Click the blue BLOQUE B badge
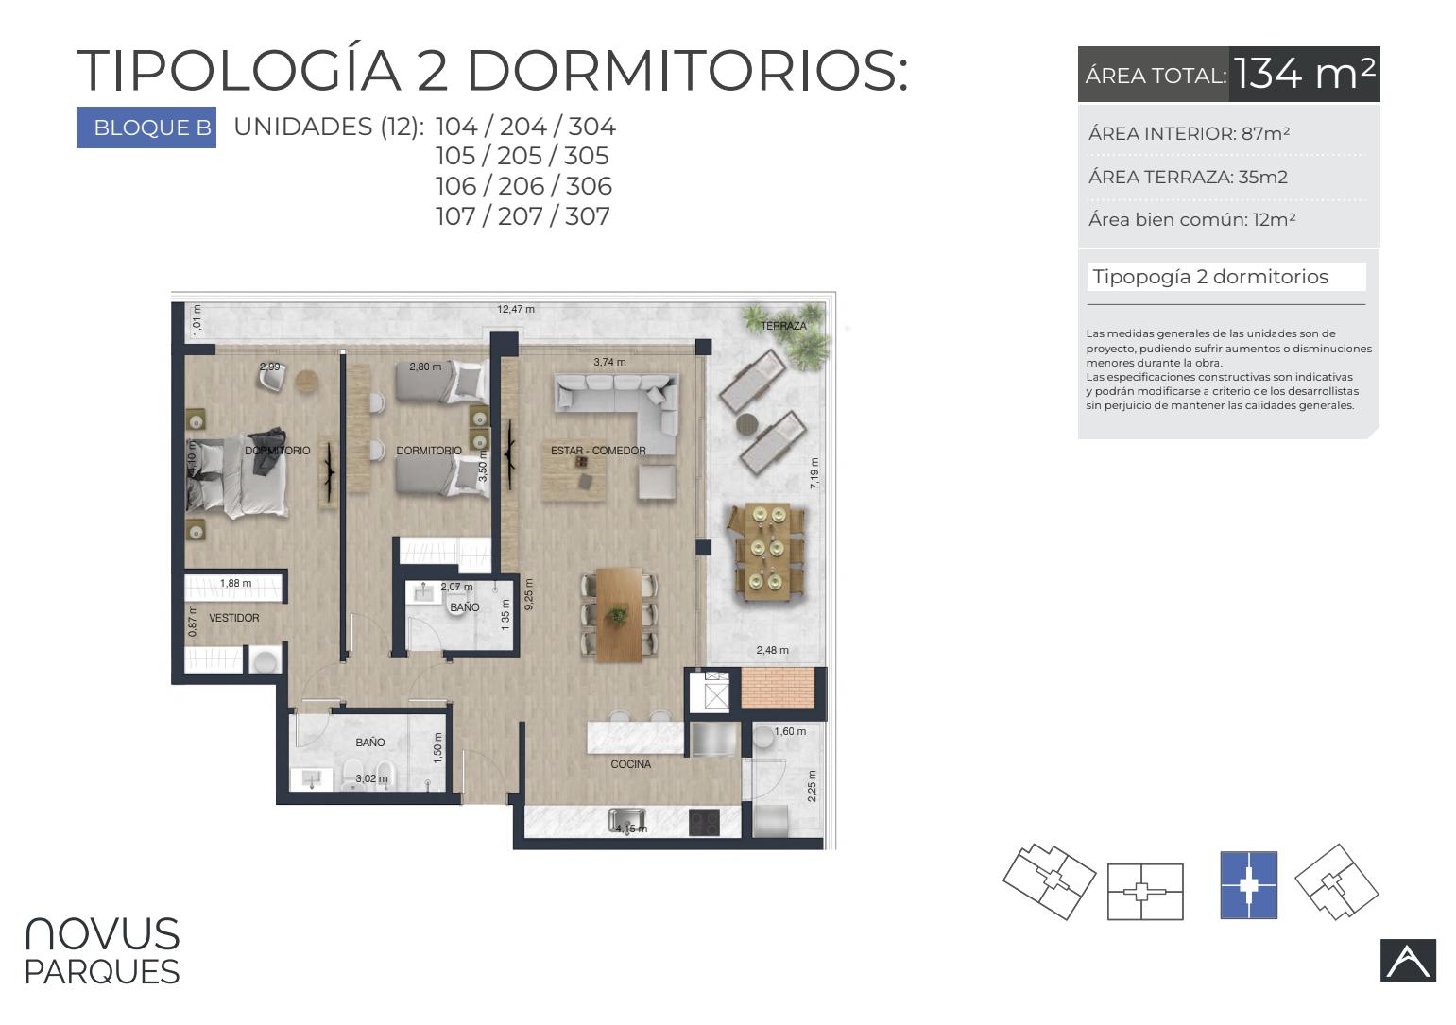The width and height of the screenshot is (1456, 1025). point(146,128)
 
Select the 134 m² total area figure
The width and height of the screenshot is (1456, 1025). point(1304,74)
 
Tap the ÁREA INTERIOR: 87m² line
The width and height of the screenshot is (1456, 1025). point(1189,134)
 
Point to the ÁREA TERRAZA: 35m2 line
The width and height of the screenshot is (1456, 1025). point(1188,177)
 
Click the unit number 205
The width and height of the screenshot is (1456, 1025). point(520,156)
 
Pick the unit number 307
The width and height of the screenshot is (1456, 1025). point(587,215)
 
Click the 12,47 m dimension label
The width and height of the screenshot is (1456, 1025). point(516,309)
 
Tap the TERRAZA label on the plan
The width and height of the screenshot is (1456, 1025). point(783,326)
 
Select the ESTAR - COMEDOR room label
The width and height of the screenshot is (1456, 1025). point(598,451)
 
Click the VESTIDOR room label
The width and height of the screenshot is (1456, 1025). point(234,618)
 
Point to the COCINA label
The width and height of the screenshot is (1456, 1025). point(630,764)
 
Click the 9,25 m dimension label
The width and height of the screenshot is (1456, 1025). point(528,594)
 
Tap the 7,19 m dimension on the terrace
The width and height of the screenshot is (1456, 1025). point(814,473)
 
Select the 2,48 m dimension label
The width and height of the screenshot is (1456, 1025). point(772,650)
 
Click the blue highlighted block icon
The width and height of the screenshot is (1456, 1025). point(1249,884)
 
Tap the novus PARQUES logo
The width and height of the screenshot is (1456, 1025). point(102,951)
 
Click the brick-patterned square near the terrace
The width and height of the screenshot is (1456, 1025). point(778,688)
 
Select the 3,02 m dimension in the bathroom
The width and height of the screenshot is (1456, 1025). point(371,778)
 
